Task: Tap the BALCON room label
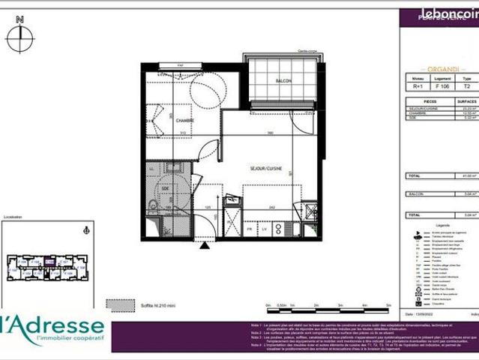click(x=283, y=80)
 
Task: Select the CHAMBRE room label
click(x=185, y=120)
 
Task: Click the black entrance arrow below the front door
click(x=205, y=244)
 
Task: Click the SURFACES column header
click(x=467, y=99)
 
